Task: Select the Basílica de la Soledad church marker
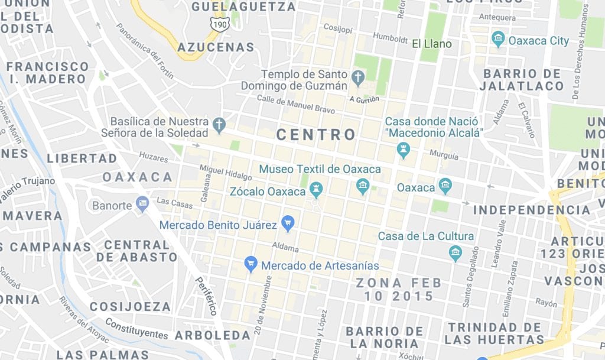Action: (219, 125)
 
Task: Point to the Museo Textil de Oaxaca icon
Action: (363, 187)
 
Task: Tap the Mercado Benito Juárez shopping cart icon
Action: (288, 222)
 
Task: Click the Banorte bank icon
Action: (142, 205)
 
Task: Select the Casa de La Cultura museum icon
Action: (455, 254)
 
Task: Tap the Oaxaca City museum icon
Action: (498, 40)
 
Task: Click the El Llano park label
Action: (431, 44)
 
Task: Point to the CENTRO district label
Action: (316, 135)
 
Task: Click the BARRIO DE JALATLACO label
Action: (523, 80)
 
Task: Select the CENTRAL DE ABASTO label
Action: (136, 251)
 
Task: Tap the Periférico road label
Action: (206, 296)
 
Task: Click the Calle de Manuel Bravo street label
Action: (295, 105)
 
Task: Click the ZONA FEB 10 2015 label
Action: (394, 289)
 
